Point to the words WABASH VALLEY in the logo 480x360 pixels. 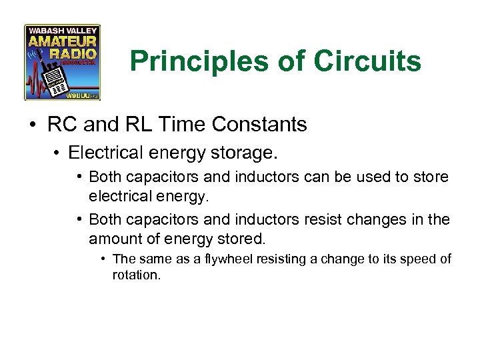coord(63,31)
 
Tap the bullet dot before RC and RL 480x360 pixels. coord(33,125)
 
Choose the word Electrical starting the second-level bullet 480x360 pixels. coord(100,153)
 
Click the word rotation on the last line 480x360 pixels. coord(136,274)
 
